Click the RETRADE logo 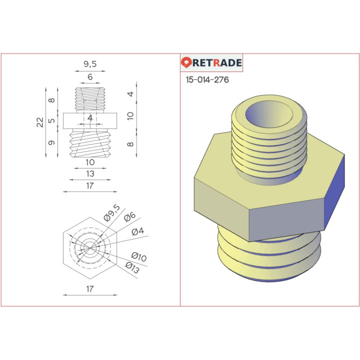click(211, 63)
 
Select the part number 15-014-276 click(207, 79)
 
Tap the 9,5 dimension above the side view click(90, 63)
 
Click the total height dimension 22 click(40, 122)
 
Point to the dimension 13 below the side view click(90, 174)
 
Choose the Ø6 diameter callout click(129, 216)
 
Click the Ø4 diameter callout click(138, 232)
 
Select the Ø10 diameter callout click(138, 257)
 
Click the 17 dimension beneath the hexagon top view click(90, 289)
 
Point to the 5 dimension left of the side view click(51, 121)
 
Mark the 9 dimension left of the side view click(51, 143)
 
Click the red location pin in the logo click(187, 63)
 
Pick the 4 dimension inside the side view click(90, 118)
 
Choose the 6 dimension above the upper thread click(90, 77)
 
